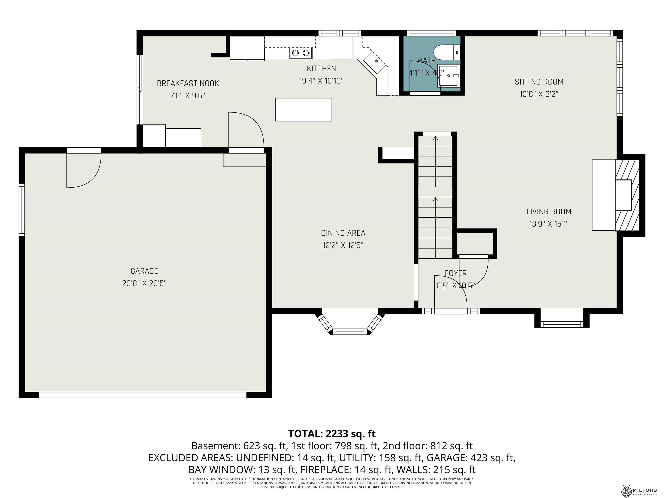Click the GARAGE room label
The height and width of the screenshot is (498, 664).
click(x=144, y=271)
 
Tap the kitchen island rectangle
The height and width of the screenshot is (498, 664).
click(x=303, y=110)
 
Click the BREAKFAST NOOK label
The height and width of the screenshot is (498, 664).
click(x=188, y=83)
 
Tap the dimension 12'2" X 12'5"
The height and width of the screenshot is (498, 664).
click(x=343, y=246)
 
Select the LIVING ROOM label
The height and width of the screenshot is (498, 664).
click(x=549, y=212)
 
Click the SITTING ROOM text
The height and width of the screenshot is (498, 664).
click(x=539, y=82)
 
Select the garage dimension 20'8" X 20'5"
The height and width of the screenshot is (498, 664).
click(x=144, y=283)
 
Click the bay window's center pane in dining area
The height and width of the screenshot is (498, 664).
click(x=350, y=331)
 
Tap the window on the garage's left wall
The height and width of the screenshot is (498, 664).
click(x=22, y=209)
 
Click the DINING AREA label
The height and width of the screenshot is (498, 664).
click(x=343, y=233)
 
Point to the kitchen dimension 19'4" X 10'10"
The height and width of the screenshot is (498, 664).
click(x=321, y=81)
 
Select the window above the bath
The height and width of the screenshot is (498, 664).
click(x=431, y=33)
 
